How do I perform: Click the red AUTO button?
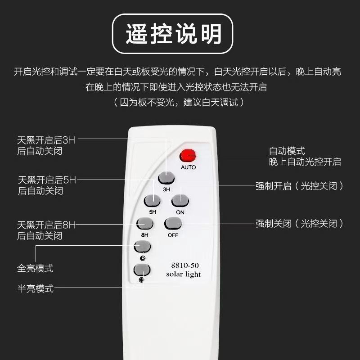(188, 156)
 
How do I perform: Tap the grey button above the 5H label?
(152, 201)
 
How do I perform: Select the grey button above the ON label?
(180, 201)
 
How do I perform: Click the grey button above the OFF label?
(173, 223)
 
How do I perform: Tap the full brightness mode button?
(142, 247)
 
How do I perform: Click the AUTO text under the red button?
(188, 167)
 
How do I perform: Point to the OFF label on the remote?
(173, 235)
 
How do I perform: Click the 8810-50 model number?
(185, 265)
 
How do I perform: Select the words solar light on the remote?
(184, 274)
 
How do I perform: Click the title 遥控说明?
(174, 34)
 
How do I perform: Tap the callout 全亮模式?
(36, 268)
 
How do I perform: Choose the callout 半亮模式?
(36, 288)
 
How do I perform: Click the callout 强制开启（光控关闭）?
(299, 186)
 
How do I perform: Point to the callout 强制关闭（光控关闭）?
(299, 223)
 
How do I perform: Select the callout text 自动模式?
(287, 151)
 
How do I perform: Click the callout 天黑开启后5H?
(47, 180)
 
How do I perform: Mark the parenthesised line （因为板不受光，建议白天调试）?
(179, 102)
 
